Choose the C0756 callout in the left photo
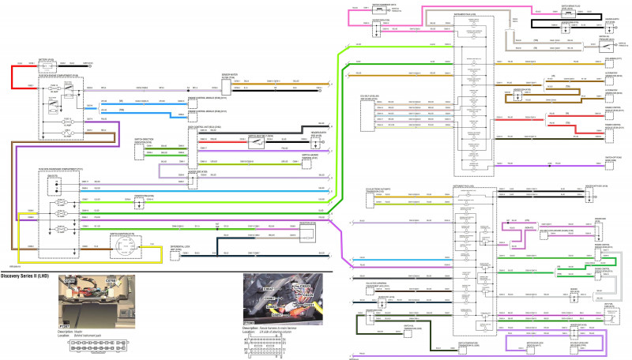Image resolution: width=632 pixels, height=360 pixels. coord(69,280)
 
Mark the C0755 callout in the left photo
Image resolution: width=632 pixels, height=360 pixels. coord(111,280)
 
